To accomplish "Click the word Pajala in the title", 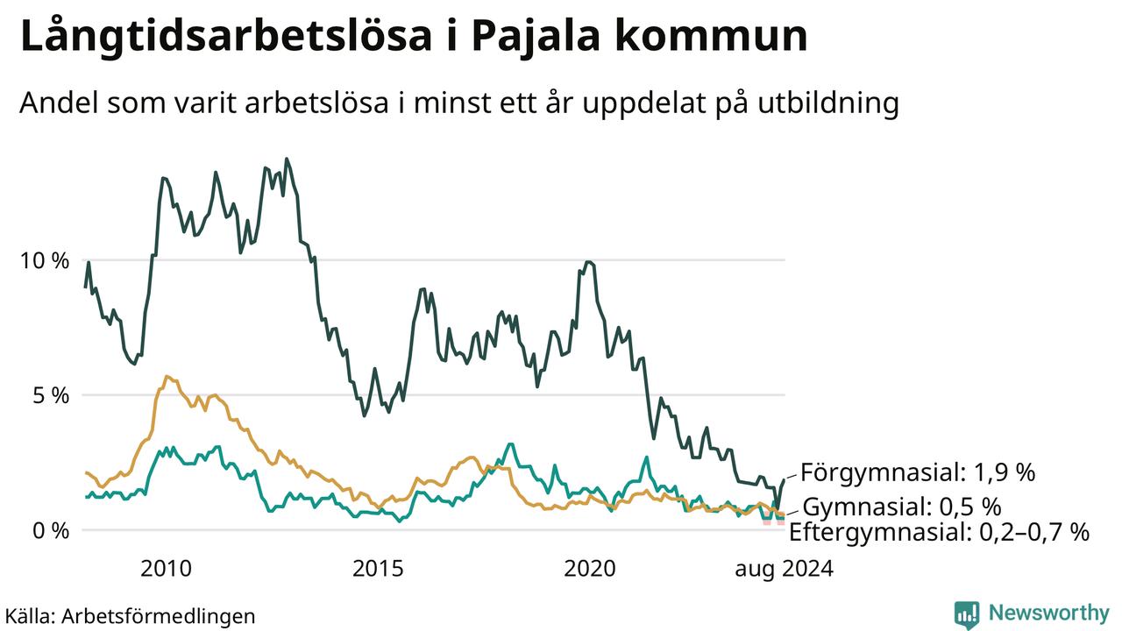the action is coord(536,37).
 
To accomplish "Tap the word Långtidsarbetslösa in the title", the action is coord(226,37).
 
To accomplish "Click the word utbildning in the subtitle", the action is coord(828,103).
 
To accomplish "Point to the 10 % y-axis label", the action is coord(45,261).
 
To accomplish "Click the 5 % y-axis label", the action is coord(51,395).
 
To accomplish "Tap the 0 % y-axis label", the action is coord(51,531).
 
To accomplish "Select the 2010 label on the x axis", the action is coord(166,569).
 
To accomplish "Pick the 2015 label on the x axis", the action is coord(378,569).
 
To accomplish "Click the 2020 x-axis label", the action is coord(590,569).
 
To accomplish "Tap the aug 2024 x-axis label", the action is coord(784,570).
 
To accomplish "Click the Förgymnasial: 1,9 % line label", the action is coord(918,472).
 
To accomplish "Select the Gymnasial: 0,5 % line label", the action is coord(902,507).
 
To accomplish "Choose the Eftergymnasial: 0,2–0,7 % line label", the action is coord(939,532).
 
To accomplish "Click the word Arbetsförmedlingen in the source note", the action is coord(159,616).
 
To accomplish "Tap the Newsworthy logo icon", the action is coord(967,614).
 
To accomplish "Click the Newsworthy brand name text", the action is coord(1049,613).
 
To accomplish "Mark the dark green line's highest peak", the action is coord(287,160).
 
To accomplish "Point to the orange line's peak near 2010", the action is coord(167,376).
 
